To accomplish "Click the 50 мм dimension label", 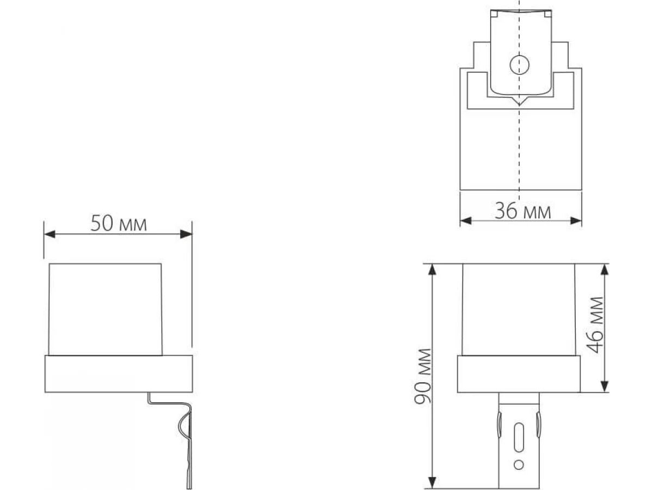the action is tap(119, 223).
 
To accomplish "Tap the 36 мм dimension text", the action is tap(523, 211).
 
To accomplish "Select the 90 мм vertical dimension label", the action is tap(423, 376).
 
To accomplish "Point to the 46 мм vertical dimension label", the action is tap(595, 325).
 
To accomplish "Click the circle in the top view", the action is tap(520, 65).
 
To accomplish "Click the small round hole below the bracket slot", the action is tap(519, 464).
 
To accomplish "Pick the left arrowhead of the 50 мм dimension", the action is tap(50, 234).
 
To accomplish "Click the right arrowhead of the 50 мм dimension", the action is tap(186, 234).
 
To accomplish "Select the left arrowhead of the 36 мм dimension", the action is tap(466, 220).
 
